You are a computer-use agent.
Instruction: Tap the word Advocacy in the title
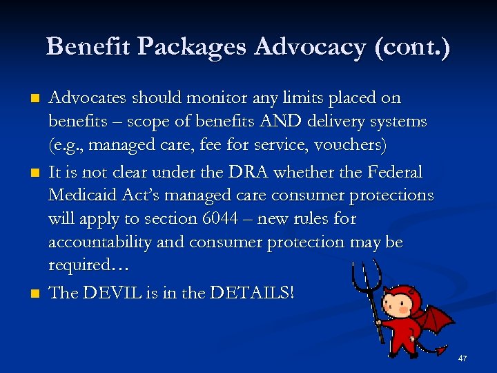pos(309,47)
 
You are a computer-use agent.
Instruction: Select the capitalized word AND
pos(278,122)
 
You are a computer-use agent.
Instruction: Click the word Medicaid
pos(85,195)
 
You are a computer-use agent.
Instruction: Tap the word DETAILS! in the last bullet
pos(253,292)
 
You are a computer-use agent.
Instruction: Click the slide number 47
pos(462,358)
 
